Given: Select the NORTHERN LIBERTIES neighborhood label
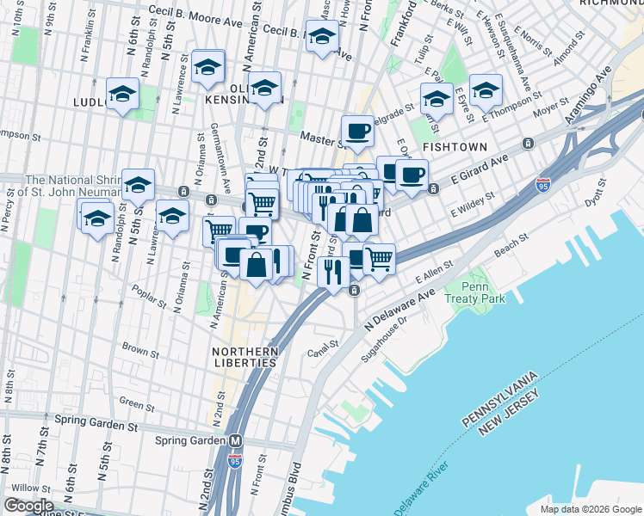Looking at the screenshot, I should [246, 357].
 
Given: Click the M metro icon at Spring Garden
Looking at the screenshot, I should [235, 440].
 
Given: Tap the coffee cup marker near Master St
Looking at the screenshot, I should [357, 132].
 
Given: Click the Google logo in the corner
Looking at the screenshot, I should [28, 506].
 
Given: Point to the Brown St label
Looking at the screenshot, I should [136, 349].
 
